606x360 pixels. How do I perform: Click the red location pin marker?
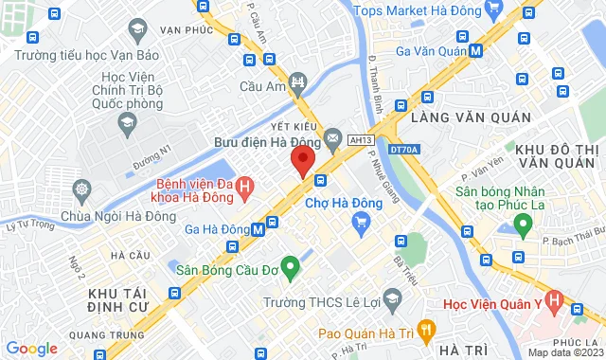tap(302, 160)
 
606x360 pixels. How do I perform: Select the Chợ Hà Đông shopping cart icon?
tap(360, 223)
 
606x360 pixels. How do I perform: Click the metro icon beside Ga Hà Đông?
tap(272, 224)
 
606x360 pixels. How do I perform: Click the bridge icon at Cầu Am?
tap(299, 82)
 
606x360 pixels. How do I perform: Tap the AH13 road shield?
tap(356, 138)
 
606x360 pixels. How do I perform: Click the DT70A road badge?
tap(402, 149)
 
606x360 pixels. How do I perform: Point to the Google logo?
tap(31, 349)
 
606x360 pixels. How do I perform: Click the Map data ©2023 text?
tap(564, 352)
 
